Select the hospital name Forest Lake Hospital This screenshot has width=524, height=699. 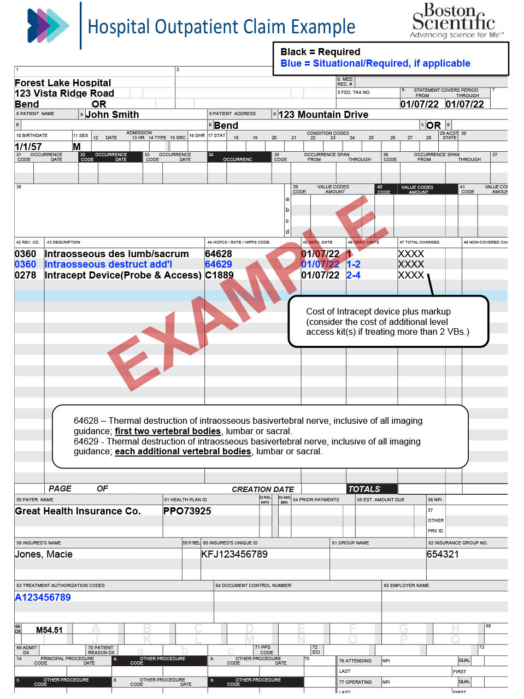[x=63, y=83]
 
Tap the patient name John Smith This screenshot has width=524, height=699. [x=112, y=115]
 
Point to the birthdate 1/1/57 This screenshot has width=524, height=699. [x=28, y=147]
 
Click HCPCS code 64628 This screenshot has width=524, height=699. [x=219, y=254]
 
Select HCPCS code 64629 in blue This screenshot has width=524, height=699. [x=219, y=264]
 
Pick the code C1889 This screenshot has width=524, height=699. [x=219, y=275]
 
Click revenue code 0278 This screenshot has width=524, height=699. [x=25, y=275]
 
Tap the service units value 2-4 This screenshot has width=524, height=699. [x=354, y=275]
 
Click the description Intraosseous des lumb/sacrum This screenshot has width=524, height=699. [x=116, y=254]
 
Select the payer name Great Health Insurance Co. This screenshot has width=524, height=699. [x=78, y=511]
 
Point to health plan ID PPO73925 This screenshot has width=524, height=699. [x=187, y=511]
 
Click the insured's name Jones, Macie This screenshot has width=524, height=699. [x=44, y=554]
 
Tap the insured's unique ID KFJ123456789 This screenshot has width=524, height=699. [x=234, y=554]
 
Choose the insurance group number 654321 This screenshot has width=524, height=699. [x=443, y=554]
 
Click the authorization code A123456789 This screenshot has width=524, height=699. [x=43, y=597]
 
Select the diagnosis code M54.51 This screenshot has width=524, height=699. [x=49, y=630]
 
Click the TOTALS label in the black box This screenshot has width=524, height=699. [x=364, y=489]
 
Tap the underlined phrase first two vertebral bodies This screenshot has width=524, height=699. [x=168, y=431]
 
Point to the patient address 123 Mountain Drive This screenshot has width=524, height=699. [x=323, y=115]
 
